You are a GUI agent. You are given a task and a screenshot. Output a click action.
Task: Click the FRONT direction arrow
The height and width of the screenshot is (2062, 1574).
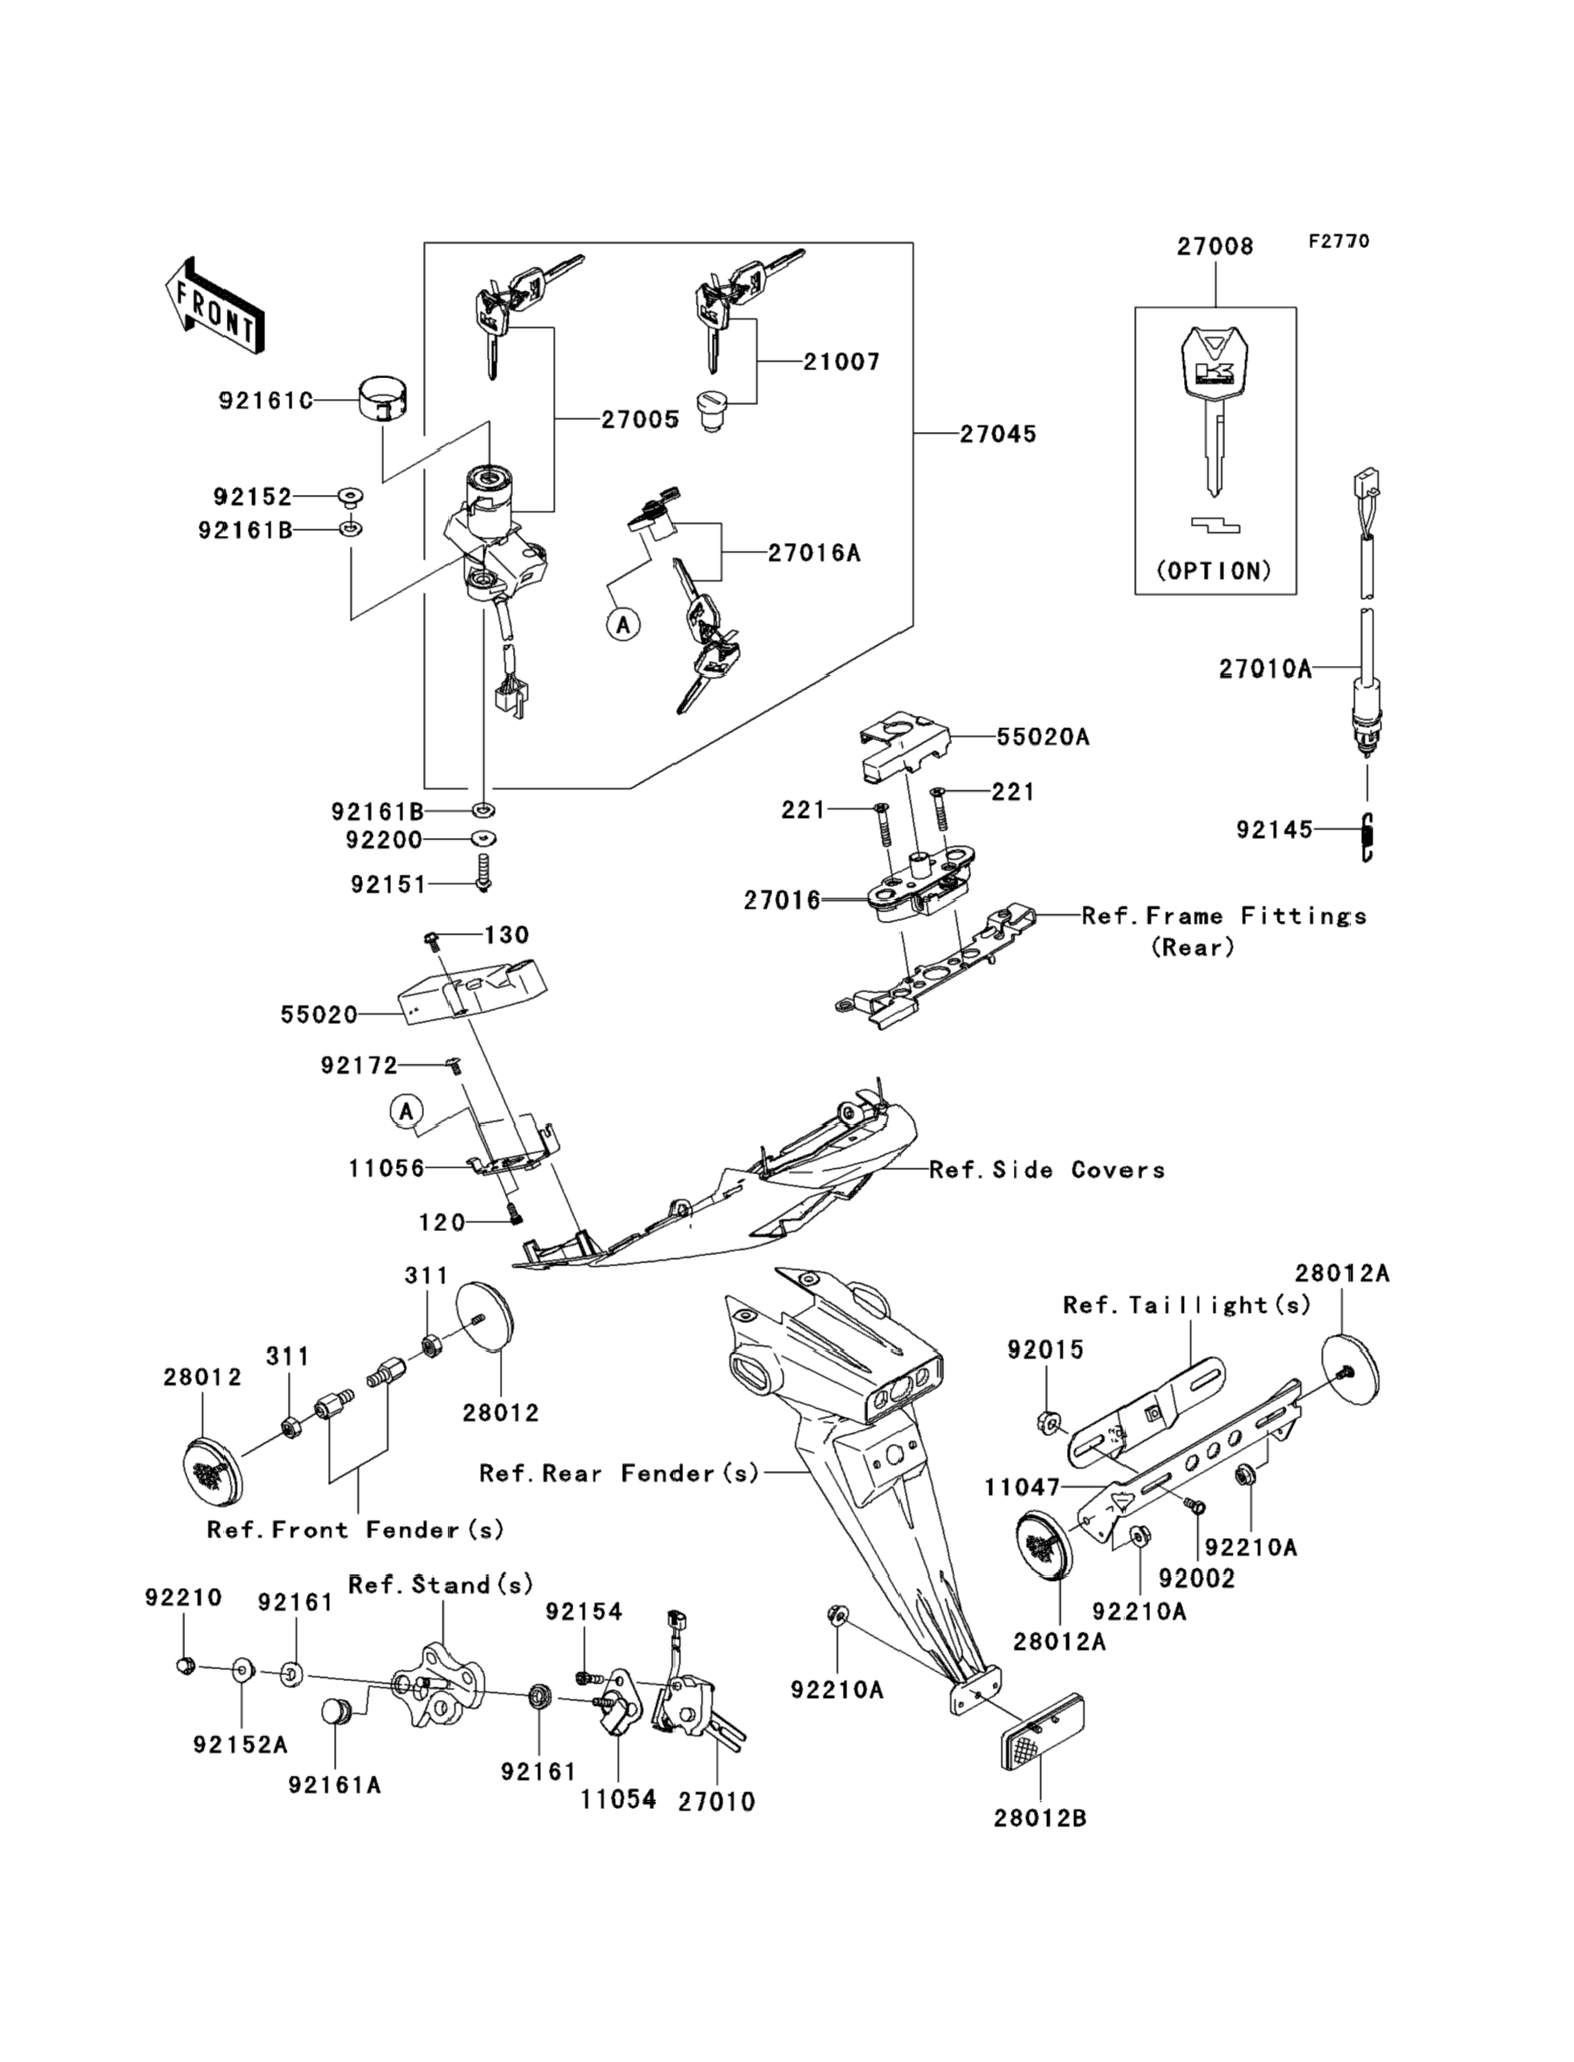[213, 306]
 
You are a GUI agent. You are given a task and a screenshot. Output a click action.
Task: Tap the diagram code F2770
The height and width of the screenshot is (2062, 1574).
[1338, 242]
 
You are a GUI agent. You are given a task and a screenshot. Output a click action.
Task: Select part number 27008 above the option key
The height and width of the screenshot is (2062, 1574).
[1215, 246]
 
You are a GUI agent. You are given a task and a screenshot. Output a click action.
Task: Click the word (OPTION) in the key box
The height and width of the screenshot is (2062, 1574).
[1215, 571]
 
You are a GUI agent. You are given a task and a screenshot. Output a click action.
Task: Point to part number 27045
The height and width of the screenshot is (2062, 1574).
[998, 434]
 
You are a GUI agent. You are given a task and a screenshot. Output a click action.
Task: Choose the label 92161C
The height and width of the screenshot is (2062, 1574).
[265, 402]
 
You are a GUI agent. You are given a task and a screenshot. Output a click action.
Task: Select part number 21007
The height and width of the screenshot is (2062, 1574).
[841, 361]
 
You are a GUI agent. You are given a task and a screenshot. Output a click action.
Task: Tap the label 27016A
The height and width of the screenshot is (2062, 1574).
[813, 553]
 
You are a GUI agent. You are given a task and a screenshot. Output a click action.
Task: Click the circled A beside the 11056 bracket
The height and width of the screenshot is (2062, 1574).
[406, 1111]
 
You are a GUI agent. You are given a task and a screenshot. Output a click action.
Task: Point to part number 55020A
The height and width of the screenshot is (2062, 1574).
[1042, 737]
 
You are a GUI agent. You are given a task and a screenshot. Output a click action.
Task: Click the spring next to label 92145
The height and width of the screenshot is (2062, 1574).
[1367, 837]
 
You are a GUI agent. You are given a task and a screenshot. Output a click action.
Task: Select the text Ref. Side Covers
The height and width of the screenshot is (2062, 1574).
[1046, 1170]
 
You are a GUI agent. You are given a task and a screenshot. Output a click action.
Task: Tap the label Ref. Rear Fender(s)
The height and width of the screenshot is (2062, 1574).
[619, 1474]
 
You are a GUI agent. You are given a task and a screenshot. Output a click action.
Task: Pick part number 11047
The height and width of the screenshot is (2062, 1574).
[1021, 1488]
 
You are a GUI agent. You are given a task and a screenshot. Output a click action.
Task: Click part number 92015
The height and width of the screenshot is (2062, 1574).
[1044, 1350]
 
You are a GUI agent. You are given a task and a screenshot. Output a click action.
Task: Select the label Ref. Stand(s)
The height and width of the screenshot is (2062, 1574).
[441, 1584]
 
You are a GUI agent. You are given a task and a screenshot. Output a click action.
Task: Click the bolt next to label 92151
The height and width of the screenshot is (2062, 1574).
[484, 871]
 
